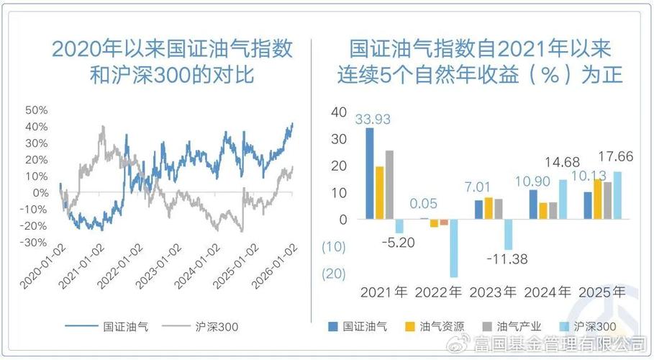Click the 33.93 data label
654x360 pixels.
pos(373,119)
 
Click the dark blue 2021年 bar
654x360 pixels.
pos(370,173)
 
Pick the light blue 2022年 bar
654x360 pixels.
pos(453,248)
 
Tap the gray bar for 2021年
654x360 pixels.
pos(389,184)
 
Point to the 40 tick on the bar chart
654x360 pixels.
pos(339,112)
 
